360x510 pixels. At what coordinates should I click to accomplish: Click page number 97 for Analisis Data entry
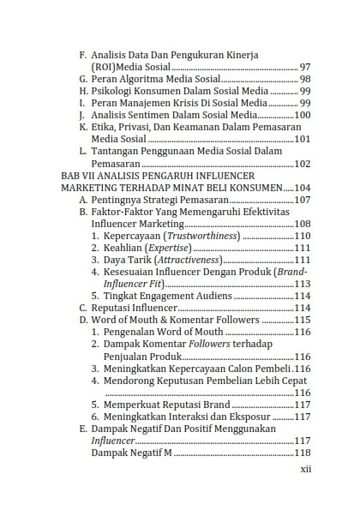305,66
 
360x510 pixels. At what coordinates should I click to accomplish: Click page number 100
303,114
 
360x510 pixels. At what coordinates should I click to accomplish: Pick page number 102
303,163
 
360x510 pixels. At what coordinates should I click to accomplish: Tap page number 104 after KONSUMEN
303,187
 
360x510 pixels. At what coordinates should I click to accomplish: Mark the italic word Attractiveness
187,259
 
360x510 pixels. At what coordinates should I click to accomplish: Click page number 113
303,283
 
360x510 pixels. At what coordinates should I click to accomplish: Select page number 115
303,319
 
